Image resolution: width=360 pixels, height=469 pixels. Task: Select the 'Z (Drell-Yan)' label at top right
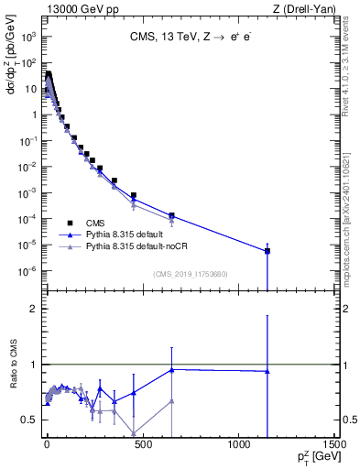(x=304, y=8)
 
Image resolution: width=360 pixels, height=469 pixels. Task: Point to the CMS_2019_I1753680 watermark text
(x=191, y=273)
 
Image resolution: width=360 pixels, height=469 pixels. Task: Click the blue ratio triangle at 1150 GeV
(x=267, y=371)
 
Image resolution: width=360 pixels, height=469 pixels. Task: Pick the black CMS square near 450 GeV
(x=134, y=196)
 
